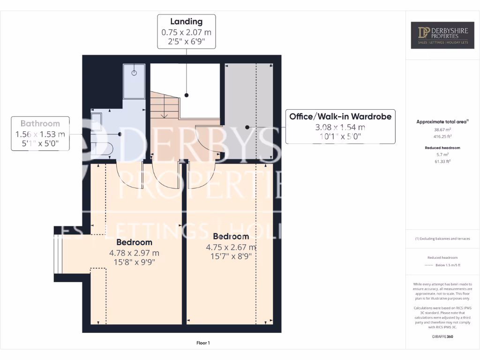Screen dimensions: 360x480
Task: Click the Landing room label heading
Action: click(186, 22)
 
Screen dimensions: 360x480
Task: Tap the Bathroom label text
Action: click(40, 124)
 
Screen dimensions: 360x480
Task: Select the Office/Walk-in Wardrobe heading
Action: click(340, 116)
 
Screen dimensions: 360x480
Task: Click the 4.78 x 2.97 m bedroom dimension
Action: click(134, 253)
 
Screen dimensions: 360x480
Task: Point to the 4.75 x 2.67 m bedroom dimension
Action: click(231, 247)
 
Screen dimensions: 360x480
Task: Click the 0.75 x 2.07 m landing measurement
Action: click(186, 32)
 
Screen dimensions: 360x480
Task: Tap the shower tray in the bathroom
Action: click(134, 81)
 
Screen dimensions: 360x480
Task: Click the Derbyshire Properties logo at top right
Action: click(442, 35)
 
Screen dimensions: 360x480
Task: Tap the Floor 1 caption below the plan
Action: click(203, 343)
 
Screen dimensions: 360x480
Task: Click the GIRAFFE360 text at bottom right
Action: click(442, 337)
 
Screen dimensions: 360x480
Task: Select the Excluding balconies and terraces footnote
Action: click(442, 239)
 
